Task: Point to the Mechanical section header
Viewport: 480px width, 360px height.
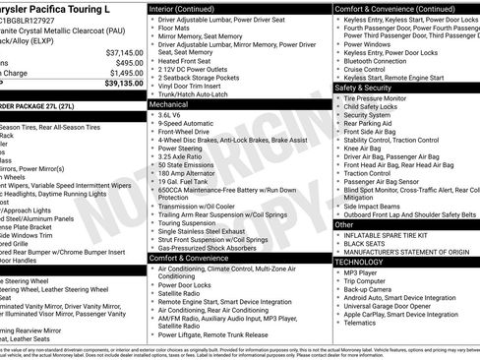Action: [x=168, y=103]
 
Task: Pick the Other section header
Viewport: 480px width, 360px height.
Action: [x=345, y=224]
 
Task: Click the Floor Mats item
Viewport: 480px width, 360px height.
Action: [x=176, y=29]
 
